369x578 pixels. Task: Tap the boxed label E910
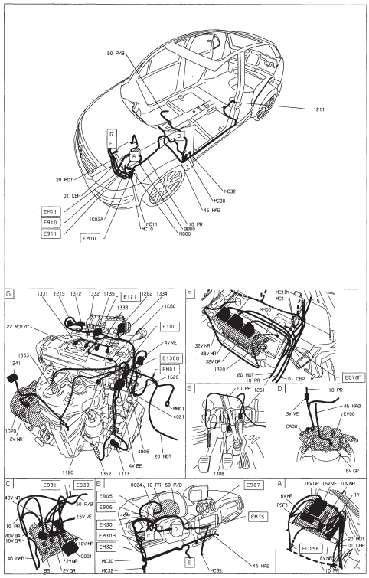51,222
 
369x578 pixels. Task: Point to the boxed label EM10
90,238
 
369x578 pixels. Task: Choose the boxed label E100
169,327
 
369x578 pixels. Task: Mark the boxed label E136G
171,358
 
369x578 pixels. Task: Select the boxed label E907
253,485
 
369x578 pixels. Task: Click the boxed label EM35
256,516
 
